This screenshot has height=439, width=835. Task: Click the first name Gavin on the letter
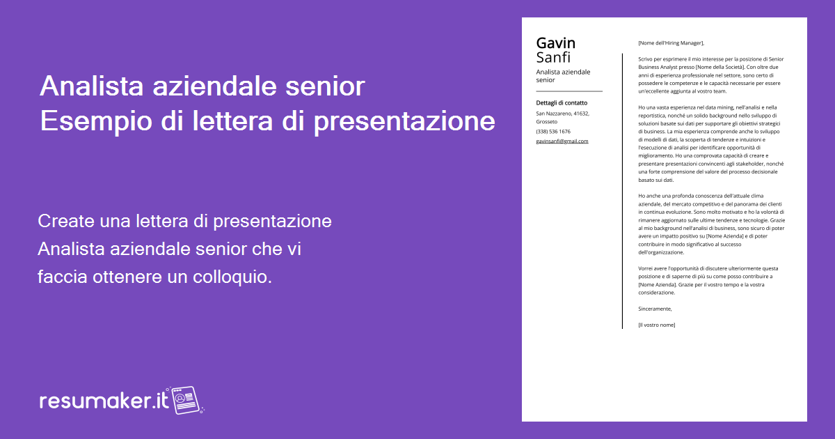coord(555,43)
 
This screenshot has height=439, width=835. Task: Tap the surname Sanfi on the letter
coord(553,58)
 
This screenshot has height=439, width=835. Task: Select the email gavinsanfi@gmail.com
coord(562,141)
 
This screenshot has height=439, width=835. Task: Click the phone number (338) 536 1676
coord(552,131)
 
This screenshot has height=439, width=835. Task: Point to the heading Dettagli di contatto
coord(561,103)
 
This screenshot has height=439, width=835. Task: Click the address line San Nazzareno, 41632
coord(562,113)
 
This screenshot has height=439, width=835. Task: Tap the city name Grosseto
coord(546,122)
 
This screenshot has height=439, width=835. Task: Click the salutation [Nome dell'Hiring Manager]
coord(671,43)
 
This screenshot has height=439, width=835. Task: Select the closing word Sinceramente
coord(655,309)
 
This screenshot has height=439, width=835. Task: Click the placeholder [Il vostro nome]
coord(656,325)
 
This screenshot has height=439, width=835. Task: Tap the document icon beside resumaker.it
coord(185,399)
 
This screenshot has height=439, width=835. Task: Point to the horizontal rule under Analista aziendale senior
coord(568,91)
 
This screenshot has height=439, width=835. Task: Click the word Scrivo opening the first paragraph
coord(646,59)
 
